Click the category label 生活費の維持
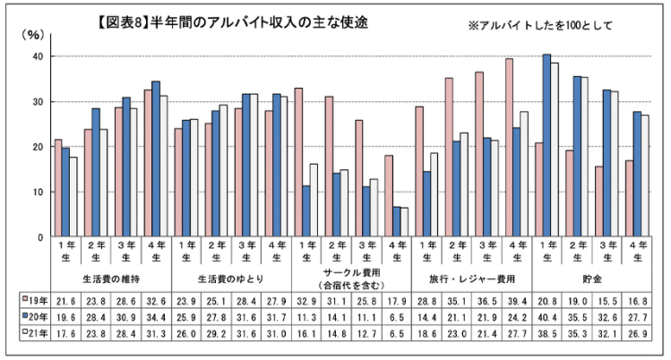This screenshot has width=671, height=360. click(110, 279)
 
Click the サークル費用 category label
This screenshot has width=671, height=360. click(351, 273)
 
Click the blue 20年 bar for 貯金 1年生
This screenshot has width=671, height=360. click(546, 146)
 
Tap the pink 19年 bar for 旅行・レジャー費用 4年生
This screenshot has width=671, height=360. click(509, 148)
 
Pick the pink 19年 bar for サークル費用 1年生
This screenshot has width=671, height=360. click(298, 162)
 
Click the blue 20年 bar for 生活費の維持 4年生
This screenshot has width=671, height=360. click(156, 159)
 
